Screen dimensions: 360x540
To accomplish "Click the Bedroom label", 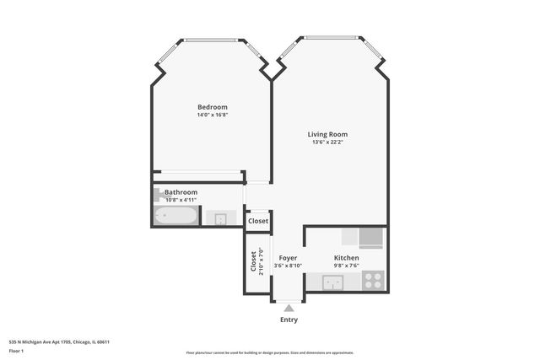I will point(213,107).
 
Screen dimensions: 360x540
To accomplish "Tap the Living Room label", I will point(327,134).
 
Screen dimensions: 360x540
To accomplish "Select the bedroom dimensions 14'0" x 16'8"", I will point(213,116).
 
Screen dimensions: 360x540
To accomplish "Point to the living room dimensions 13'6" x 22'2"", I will point(327,142).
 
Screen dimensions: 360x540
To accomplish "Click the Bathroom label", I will point(181,192).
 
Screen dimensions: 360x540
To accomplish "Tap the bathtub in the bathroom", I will point(175,218).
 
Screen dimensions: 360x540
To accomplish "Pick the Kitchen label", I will point(346,258).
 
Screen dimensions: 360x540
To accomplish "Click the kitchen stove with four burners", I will point(372,280).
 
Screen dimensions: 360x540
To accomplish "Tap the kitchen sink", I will point(333,282).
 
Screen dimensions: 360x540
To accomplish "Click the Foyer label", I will point(288,258).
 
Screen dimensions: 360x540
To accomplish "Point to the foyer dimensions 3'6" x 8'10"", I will point(288,266).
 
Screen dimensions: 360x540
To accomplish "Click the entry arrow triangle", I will point(289,309).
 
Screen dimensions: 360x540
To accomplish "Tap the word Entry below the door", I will point(289,320).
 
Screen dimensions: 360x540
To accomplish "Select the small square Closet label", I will point(258,221).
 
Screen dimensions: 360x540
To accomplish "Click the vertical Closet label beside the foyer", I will point(253,261).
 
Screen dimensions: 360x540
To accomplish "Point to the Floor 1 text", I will point(16,351).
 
